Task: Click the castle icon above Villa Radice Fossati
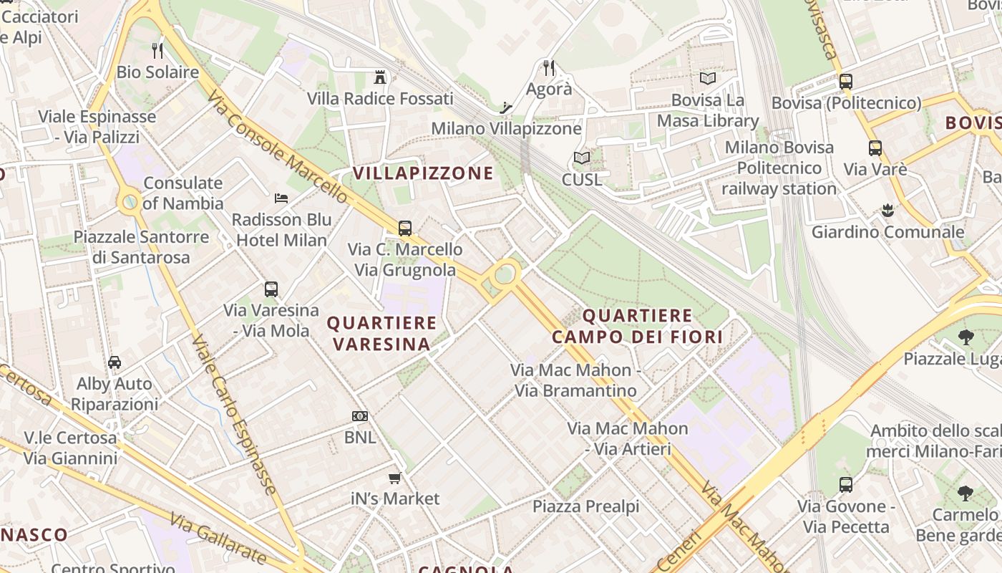click(x=380, y=77)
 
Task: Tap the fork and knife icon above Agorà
click(x=549, y=68)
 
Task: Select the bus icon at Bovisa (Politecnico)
click(x=846, y=82)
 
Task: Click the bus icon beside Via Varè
click(x=875, y=148)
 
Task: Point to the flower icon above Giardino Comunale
click(x=887, y=211)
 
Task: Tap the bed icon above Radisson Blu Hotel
click(x=281, y=198)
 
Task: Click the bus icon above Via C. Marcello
click(x=405, y=228)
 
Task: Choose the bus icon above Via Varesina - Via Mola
click(x=271, y=289)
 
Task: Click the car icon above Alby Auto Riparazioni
click(x=115, y=362)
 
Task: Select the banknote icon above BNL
click(x=360, y=416)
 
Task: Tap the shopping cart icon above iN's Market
click(x=394, y=478)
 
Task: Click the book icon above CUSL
click(x=582, y=158)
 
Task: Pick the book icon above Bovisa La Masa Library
click(x=707, y=79)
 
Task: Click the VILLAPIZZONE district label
click(x=423, y=173)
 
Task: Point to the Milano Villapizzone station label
click(x=506, y=129)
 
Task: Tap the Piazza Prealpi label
click(x=585, y=506)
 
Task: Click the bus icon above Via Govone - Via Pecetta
click(x=846, y=485)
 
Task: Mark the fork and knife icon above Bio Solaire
click(x=157, y=51)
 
